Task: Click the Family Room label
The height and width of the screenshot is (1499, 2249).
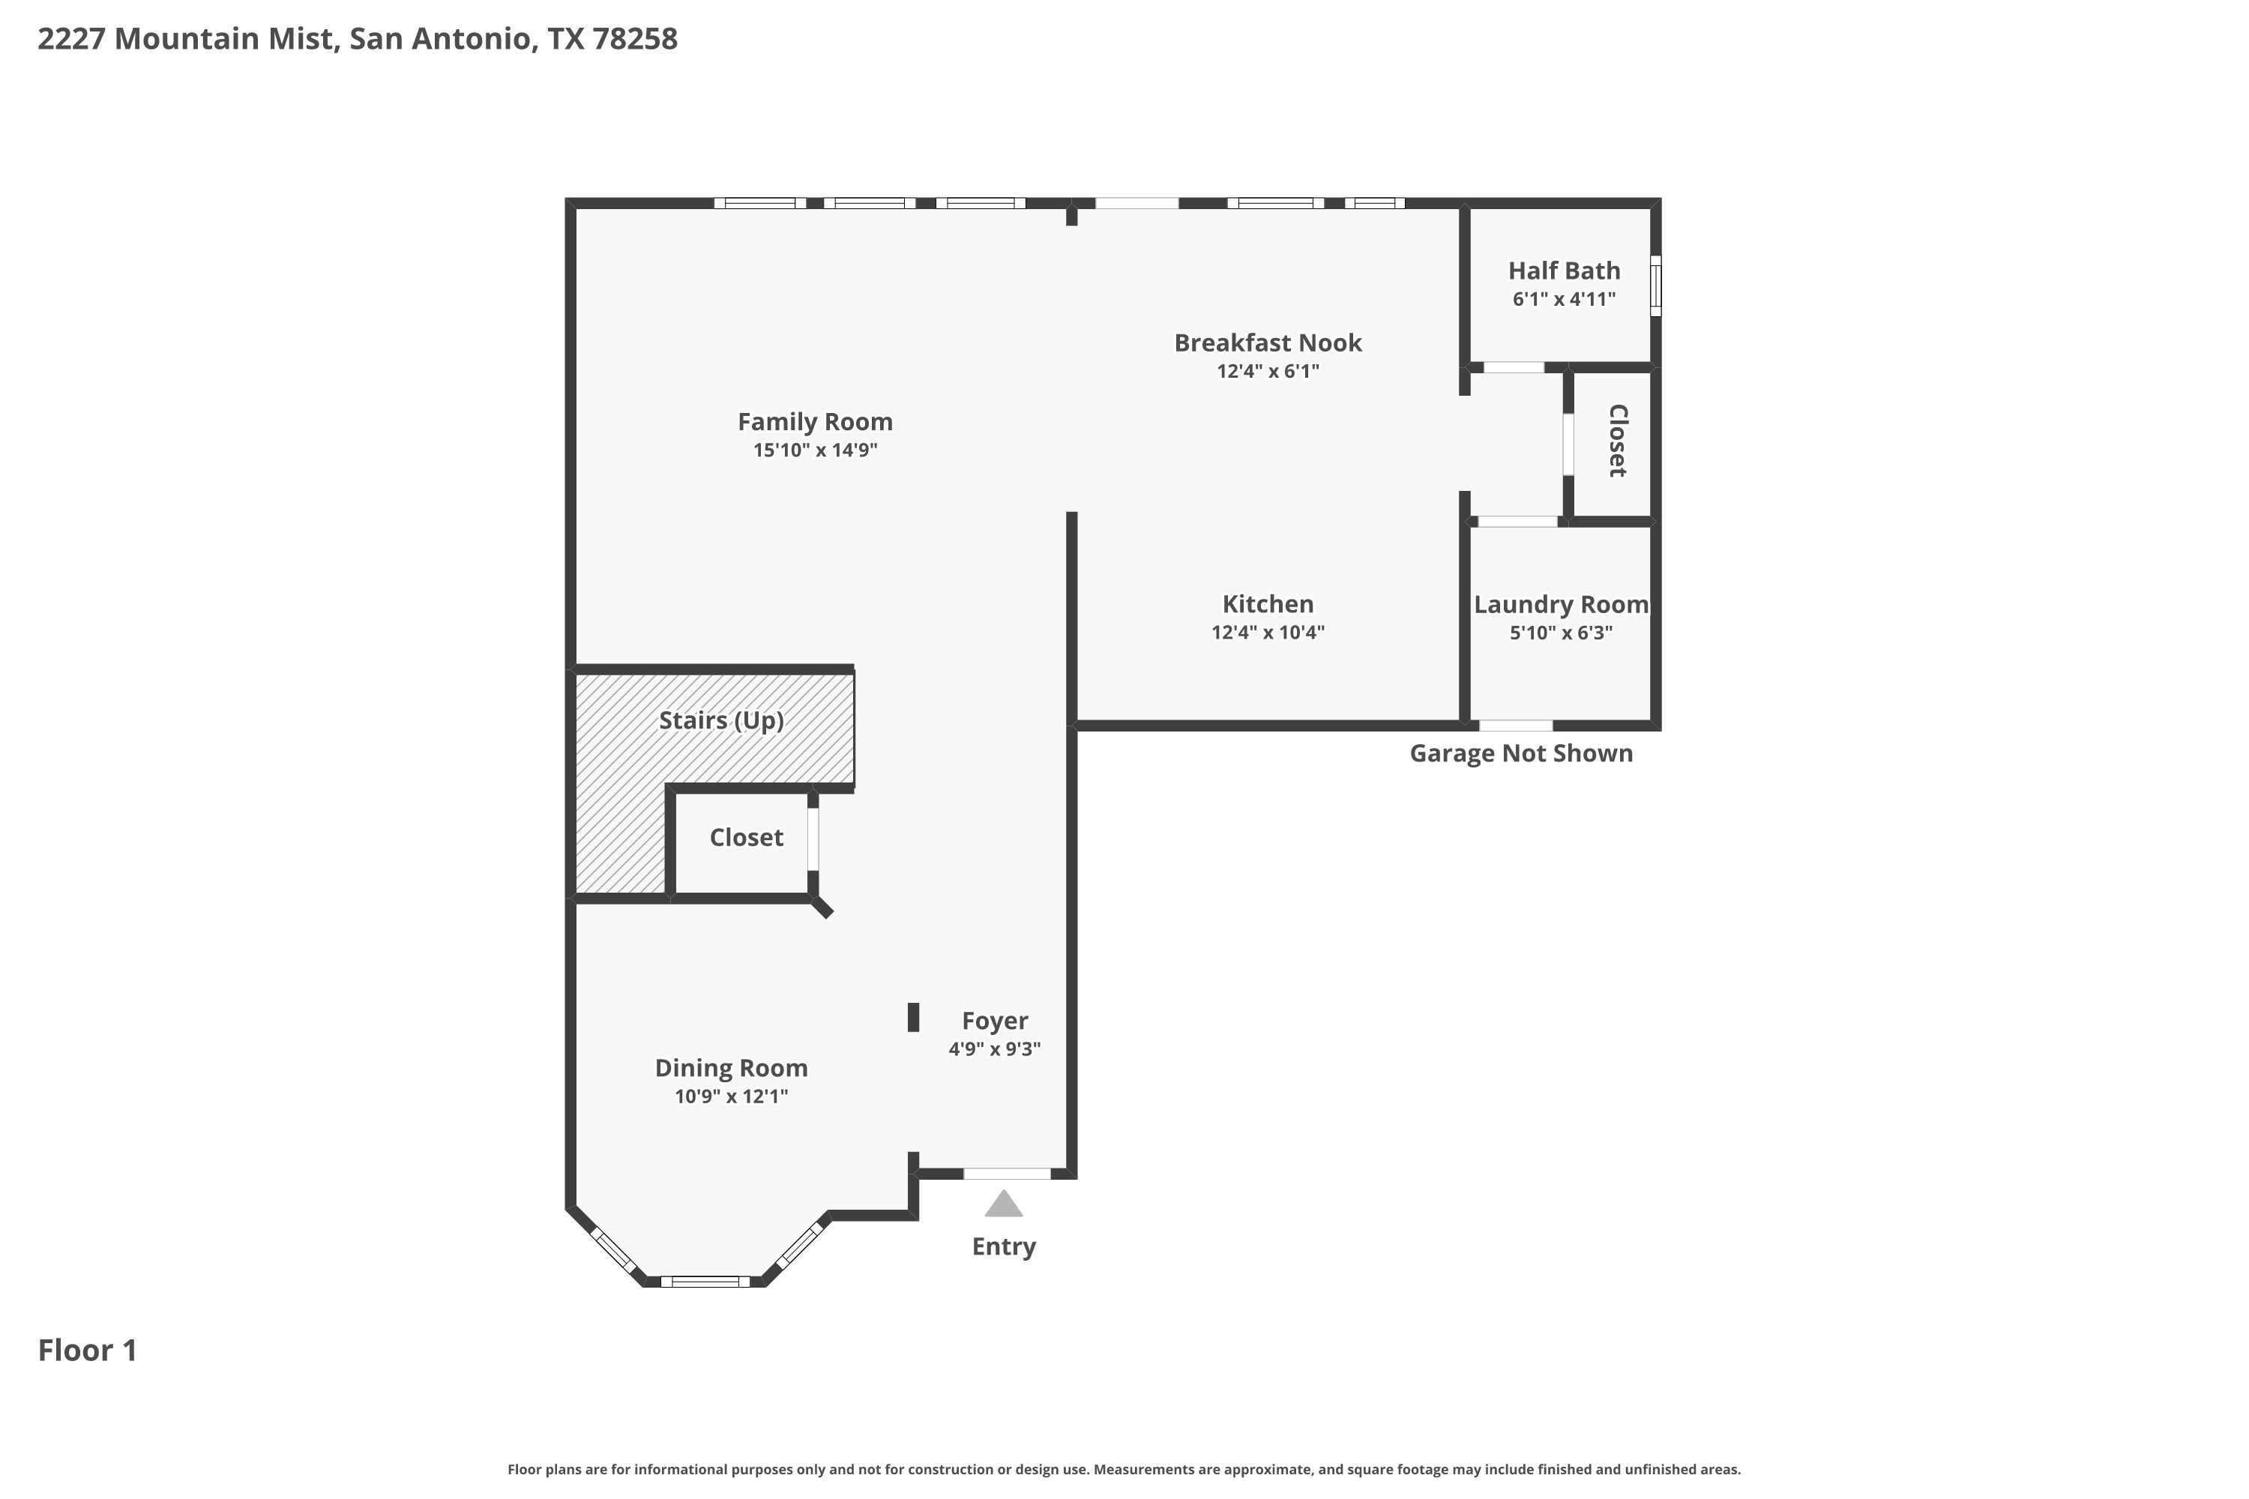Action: pos(815,421)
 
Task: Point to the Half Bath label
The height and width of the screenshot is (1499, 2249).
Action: pos(1565,271)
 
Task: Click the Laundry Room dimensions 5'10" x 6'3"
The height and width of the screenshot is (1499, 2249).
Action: pos(1562,632)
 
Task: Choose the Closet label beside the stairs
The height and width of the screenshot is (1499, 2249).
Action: pos(746,837)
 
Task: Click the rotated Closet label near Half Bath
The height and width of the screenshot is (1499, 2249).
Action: pos(1618,441)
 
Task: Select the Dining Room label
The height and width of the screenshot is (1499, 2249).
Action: pos(732,1068)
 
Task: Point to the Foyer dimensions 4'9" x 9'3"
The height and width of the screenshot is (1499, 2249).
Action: pos(995,1049)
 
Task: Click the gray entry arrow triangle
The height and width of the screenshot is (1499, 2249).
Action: pos(1003,1204)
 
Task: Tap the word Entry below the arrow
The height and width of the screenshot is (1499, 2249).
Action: pos(1004,1246)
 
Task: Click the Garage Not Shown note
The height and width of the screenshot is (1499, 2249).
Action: pos(1521,753)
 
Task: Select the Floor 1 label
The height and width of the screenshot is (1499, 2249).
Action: pos(88,1350)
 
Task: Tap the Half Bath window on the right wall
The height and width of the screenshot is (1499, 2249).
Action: pos(1656,285)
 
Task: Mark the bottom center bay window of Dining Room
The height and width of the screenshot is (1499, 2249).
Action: pos(705,1281)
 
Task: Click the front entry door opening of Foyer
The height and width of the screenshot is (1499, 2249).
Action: pos(1007,1173)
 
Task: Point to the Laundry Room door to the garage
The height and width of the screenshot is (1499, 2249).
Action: pos(1516,726)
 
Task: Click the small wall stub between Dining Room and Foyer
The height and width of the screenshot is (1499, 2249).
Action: pos(913,1017)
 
